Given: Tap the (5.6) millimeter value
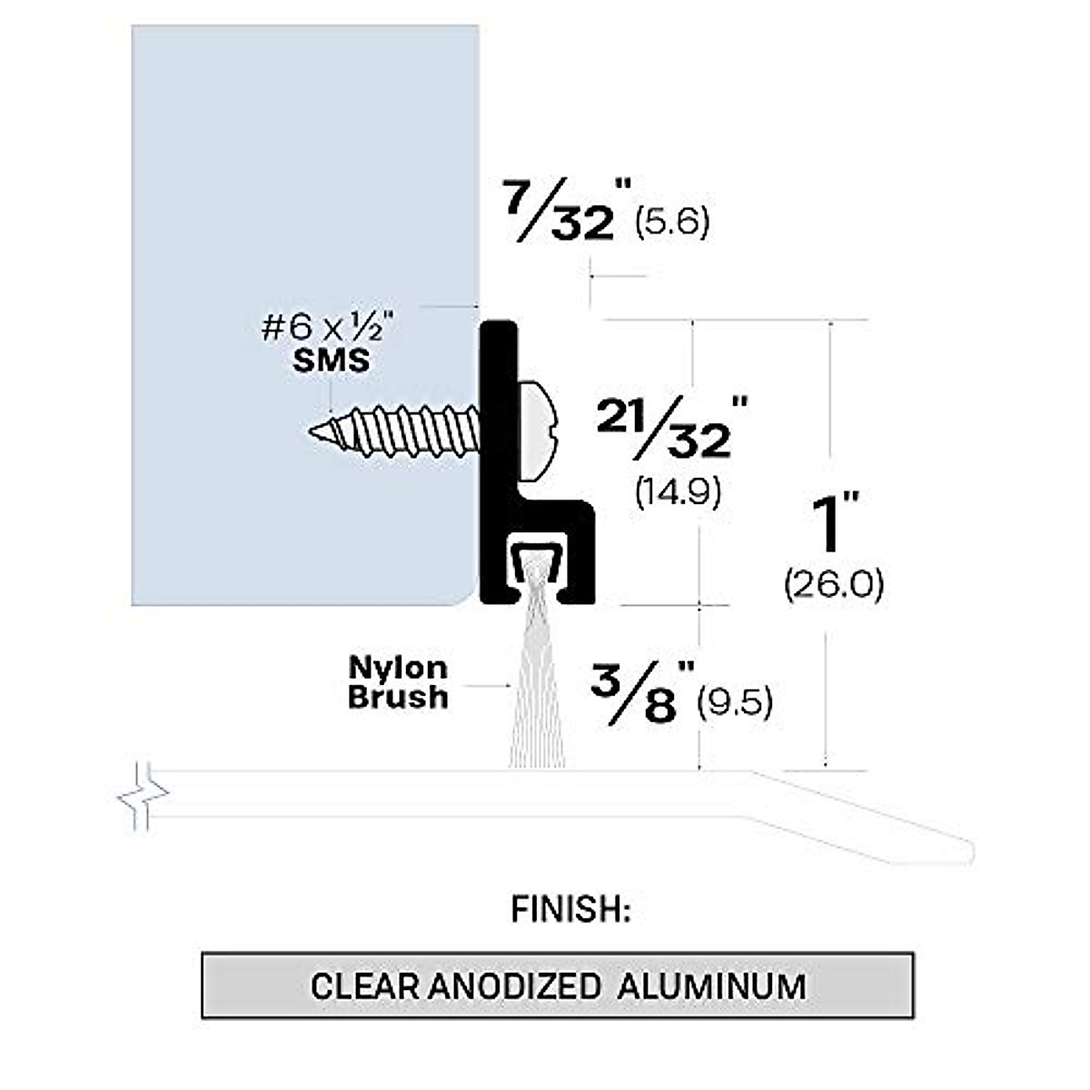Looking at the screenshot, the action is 672,223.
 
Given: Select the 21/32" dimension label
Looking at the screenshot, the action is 672,428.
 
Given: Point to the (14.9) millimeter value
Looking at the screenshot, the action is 679,491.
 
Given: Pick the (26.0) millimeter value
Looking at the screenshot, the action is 833,586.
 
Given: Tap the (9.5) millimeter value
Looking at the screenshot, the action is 735,703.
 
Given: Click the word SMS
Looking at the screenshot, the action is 331,361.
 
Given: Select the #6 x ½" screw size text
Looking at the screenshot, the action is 328,328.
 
